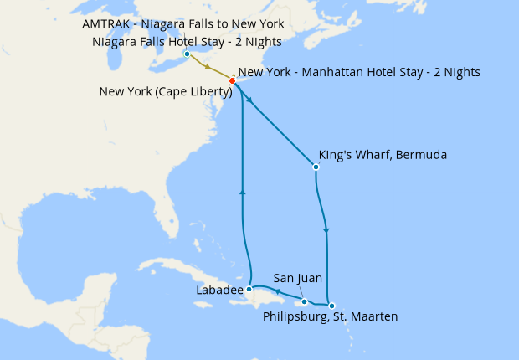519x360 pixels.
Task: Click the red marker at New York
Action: coord(232,81)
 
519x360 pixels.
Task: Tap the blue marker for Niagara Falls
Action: coord(187,55)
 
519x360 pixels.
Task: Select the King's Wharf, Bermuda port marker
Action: coord(316,167)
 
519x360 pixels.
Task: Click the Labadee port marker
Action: coord(249,288)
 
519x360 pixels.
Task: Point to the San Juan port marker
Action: coord(305,301)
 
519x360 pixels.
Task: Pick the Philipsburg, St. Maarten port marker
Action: coord(331,306)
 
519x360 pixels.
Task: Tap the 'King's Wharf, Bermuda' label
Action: coord(383,155)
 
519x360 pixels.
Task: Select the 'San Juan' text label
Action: coord(298,278)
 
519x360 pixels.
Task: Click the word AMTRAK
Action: coord(110,24)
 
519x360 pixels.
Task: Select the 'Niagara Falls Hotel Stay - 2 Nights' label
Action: coord(188,41)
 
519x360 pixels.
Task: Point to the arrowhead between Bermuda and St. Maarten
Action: coord(326,231)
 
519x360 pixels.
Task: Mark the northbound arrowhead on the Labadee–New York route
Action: coord(242,191)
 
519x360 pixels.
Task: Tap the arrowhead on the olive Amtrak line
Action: coord(207,68)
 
